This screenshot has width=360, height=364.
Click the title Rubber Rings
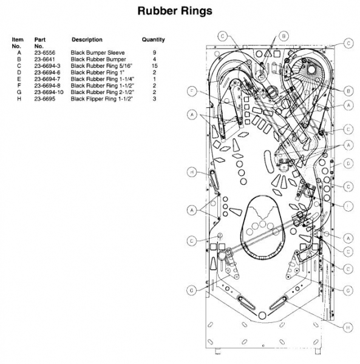pos(175,11)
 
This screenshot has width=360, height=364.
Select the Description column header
pos(87,39)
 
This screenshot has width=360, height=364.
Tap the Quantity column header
pos(154,39)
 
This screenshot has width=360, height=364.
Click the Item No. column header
pos(18,42)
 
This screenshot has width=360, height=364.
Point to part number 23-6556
pos(45,53)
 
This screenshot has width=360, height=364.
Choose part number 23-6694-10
pos(49,92)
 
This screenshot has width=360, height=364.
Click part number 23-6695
pos(45,99)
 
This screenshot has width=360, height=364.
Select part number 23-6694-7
pos(47,79)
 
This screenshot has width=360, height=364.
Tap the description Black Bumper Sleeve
pos(98,53)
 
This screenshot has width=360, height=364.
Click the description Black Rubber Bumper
pos(98,59)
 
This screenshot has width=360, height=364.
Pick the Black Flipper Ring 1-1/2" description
pos(102,99)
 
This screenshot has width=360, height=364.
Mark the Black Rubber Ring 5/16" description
pos(101,66)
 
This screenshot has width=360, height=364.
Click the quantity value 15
pos(154,66)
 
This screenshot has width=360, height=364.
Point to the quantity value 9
pos(154,53)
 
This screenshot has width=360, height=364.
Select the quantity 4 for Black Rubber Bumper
pos(154,59)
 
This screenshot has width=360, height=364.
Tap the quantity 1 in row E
pos(154,79)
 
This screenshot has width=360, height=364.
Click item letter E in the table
pos(19,79)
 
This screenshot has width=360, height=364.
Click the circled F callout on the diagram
pos(192,91)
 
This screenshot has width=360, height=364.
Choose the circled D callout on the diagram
pos(348,164)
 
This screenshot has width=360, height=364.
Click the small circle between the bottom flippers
pos(262,315)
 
